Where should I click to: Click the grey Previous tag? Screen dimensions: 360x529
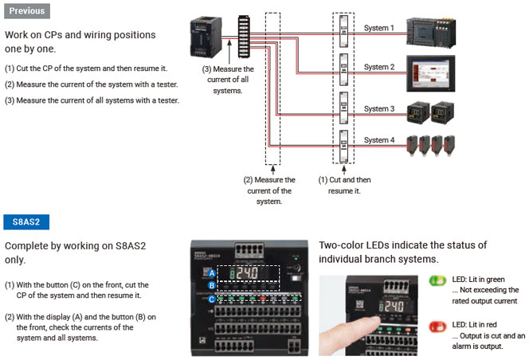pos(27,11)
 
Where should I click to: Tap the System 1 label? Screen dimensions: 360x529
pos(379,28)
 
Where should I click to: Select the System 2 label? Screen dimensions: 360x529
pos(379,67)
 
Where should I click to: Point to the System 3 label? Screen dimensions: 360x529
pos(379,108)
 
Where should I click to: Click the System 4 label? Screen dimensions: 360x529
pos(379,140)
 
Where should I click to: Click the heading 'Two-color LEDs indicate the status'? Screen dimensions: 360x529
pos(402,245)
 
